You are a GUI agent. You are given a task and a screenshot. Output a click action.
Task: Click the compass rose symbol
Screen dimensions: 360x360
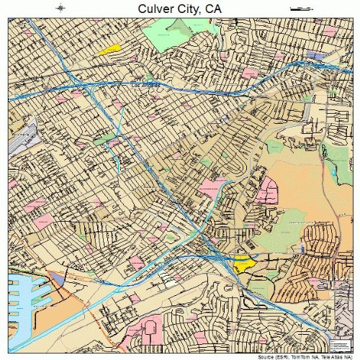coord(61,8)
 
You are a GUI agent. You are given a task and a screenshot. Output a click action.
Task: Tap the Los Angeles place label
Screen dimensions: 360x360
coord(145,83)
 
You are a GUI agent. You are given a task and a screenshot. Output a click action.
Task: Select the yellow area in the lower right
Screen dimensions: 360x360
coord(245,263)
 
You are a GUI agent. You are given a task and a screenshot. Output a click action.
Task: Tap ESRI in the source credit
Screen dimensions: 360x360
coord(273,356)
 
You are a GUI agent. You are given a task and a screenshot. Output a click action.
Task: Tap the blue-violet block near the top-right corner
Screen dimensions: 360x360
coord(315,55)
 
